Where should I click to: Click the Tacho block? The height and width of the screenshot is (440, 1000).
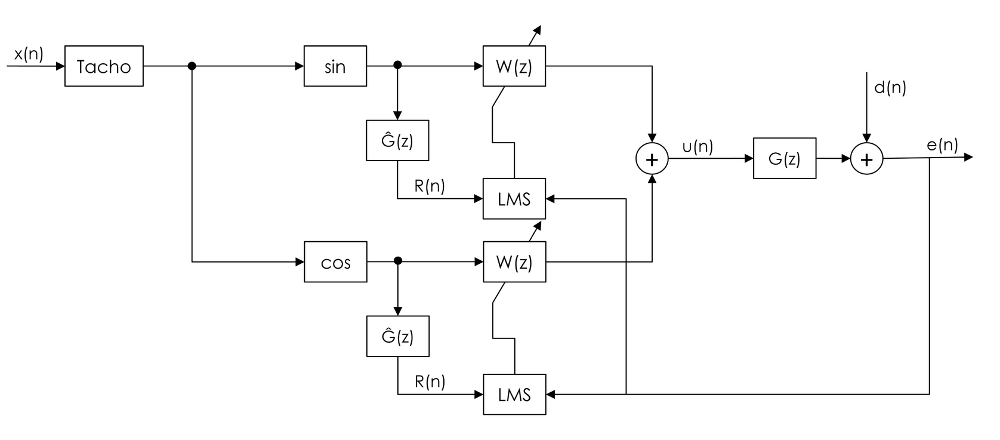click(x=104, y=66)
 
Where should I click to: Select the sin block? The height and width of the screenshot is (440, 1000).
click(x=335, y=66)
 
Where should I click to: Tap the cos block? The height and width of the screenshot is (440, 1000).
click(x=335, y=262)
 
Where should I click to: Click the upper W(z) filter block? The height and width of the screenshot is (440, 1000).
click(x=514, y=66)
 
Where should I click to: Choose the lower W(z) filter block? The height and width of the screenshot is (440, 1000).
click(x=514, y=262)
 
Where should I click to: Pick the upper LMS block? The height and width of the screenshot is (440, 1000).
click(x=514, y=199)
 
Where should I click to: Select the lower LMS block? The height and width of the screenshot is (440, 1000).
click(x=514, y=395)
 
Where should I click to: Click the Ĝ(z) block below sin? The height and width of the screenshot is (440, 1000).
click(x=397, y=140)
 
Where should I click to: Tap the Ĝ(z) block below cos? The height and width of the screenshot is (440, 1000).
click(x=398, y=336)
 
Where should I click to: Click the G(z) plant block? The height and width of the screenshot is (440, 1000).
click(x=785, y=158)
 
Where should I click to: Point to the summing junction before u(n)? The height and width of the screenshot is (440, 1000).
click(x=652, y=159)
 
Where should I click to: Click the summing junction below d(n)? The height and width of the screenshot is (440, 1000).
click(x=866, y=159)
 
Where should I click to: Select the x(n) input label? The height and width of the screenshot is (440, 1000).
click(x=29, y=54)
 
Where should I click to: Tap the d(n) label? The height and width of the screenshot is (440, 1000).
click(x=890, y=88)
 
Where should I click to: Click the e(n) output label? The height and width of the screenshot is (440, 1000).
click(x=942, y=144)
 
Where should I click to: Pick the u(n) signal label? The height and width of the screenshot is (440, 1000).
click(x=697, y=146)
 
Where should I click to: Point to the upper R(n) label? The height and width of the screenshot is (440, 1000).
click(x=430, y=186)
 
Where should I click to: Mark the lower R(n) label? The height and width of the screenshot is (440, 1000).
click(x=430, y=381)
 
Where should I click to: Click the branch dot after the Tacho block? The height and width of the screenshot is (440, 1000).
click(x=192, y=66)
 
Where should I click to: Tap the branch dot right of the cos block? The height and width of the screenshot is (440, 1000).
click(x=398, y=261)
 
